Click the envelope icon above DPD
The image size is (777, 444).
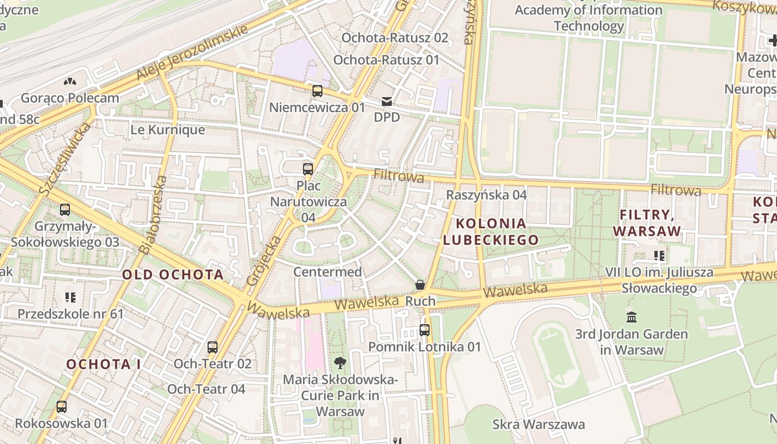387,102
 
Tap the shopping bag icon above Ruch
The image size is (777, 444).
421,285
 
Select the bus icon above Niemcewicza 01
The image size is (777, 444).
317,91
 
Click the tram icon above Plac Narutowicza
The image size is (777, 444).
308,169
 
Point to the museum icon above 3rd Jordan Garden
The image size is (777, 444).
632,317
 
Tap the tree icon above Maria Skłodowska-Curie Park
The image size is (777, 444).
340,363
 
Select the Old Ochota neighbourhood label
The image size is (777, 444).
173,274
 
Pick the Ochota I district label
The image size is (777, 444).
104,364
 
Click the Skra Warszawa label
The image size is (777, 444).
538,425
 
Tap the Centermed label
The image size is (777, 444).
327,272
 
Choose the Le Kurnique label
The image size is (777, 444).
168,130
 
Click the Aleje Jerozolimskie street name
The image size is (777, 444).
192,53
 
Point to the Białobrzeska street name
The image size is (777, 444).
153,215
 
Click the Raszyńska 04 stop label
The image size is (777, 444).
487,195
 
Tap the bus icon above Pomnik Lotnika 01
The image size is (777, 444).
425,330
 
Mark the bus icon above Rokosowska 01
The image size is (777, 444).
62,407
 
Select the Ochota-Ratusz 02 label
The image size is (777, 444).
395,38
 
